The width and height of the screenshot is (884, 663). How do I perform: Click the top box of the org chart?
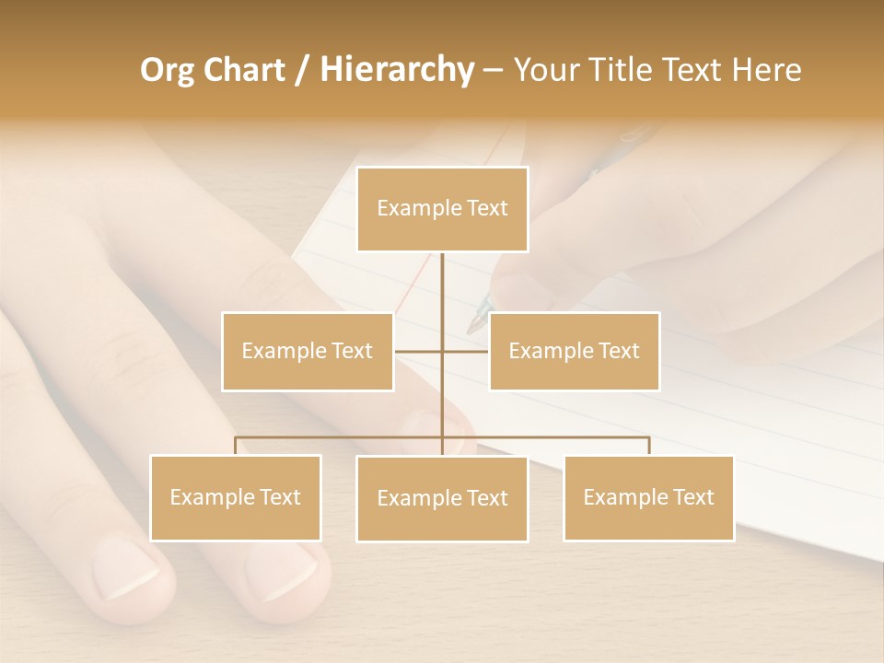tap(442, 209)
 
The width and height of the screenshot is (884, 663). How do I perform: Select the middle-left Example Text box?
tap(308, 351)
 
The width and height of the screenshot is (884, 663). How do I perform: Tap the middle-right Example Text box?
tap(574, 351)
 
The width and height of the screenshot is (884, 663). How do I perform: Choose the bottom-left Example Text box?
tap(235, 497)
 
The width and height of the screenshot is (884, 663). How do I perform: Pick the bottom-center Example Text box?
tap(442, 498)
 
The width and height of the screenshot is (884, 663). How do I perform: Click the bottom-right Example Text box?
tap(648, 497)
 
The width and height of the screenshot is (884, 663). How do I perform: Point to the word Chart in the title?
tap(241, 70)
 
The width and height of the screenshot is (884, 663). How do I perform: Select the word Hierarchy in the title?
tap(396, 70)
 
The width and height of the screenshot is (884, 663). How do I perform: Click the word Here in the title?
tap(767, 70)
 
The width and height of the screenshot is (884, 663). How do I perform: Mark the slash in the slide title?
tap(301, 70)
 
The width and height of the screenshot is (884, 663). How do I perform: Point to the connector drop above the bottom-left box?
tap(235, 446)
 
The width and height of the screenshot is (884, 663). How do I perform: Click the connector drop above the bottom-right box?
tap(648, 446)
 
